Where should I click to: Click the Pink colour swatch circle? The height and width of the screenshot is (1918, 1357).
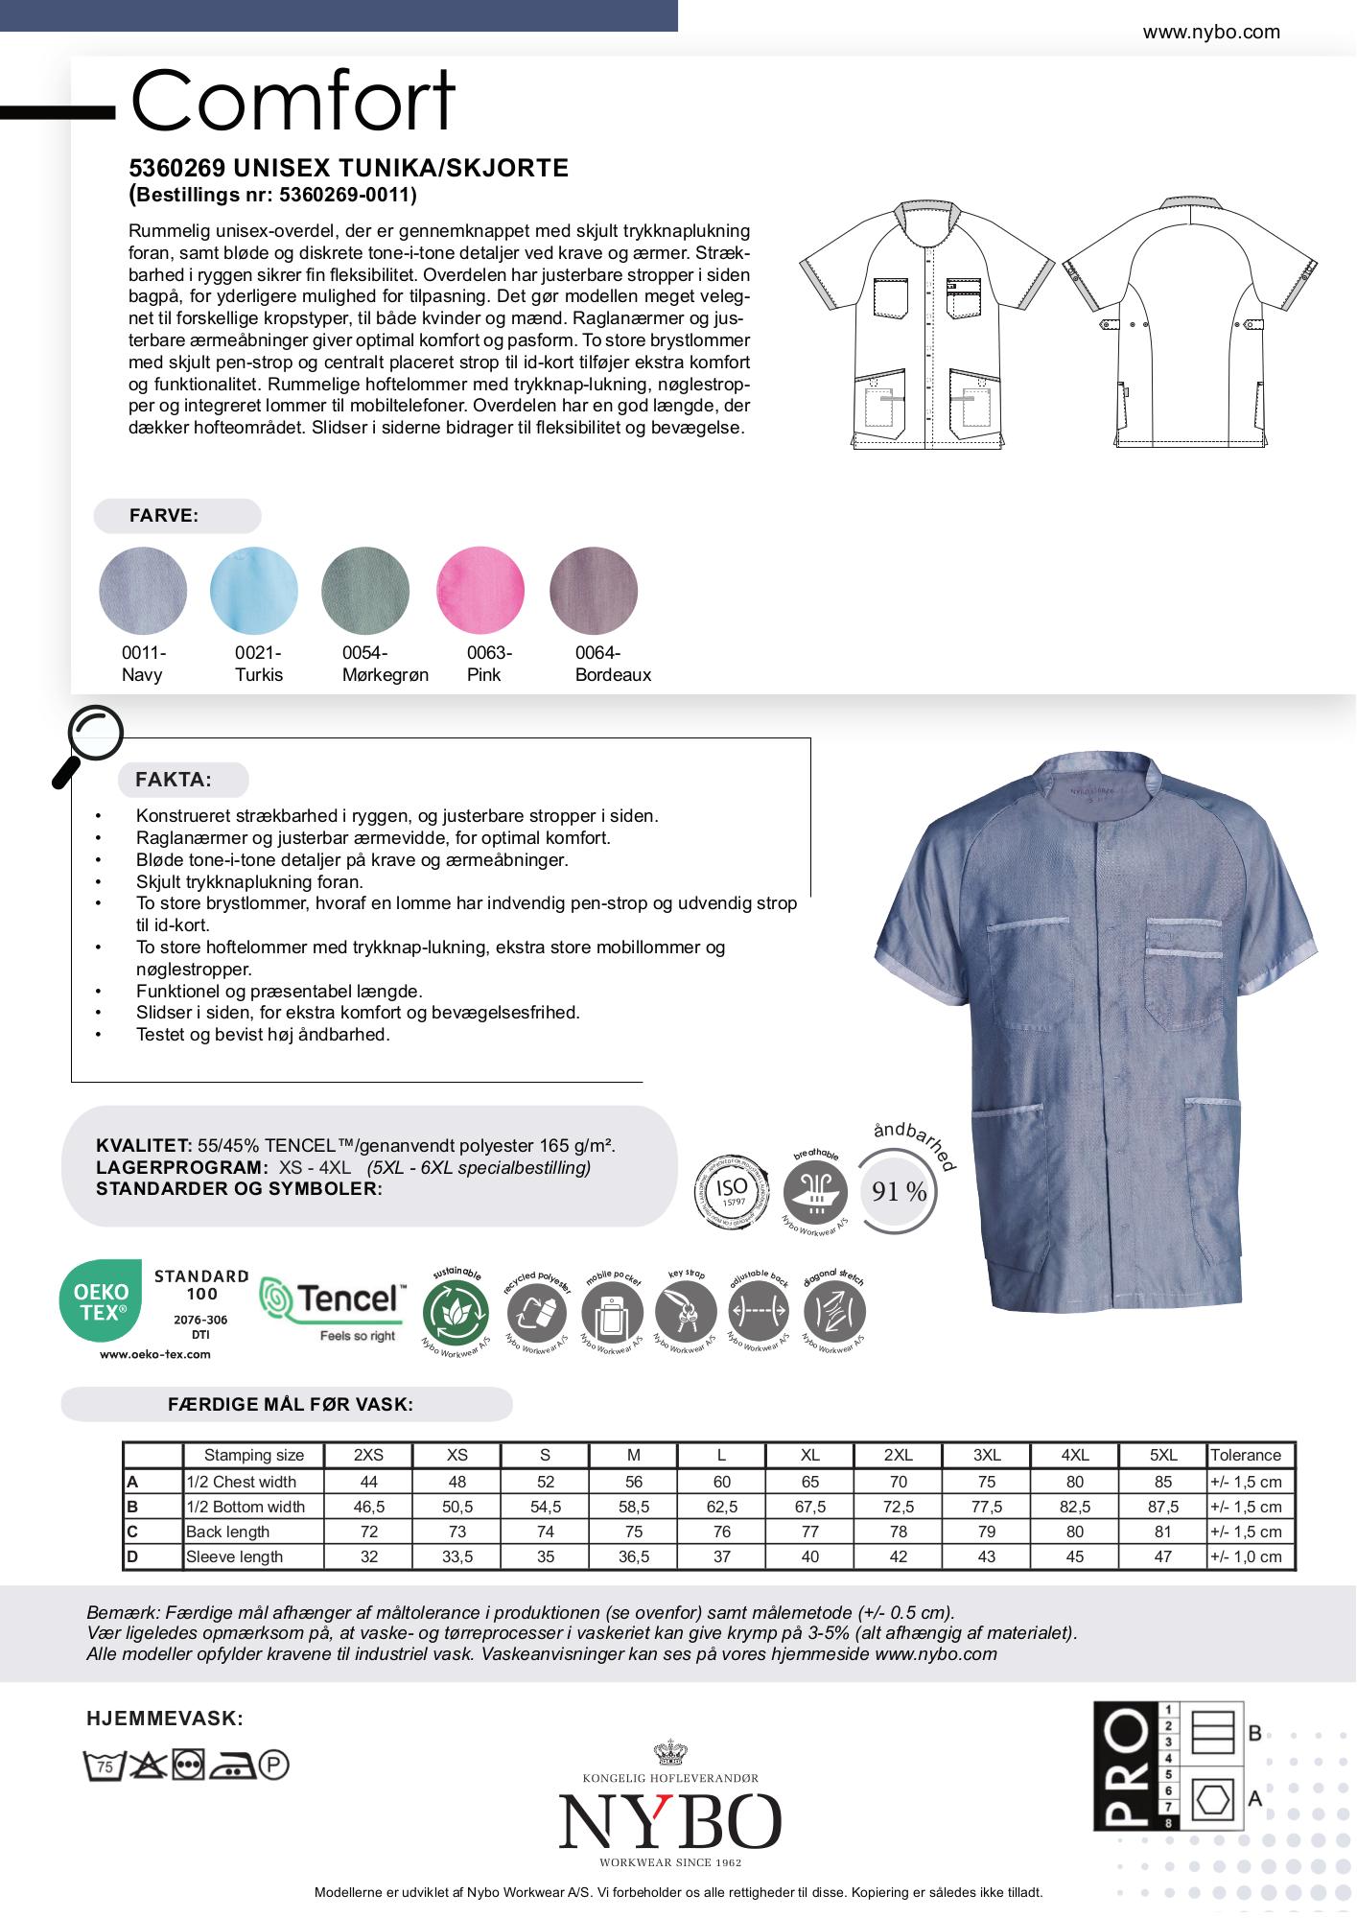[480, 590]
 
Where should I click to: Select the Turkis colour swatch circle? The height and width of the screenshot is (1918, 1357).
[254, 590]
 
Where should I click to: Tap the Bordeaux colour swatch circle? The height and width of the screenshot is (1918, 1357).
[594, 590]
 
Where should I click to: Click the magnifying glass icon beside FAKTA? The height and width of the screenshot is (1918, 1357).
[90, 742]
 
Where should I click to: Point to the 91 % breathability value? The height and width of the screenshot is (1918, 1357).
[899, 1192]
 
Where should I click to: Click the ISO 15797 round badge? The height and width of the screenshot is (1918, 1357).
[732, 1193]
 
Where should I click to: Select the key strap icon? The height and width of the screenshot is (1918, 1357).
[686, 1311]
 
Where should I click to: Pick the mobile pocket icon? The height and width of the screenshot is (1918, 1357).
[611, 1312]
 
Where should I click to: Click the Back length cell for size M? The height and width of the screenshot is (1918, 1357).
[634, 1532]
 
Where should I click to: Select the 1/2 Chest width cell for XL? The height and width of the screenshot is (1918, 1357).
[810, 1482]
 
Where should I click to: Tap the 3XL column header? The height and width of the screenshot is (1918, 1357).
[987, 1455]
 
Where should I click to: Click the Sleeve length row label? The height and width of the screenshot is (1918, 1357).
[234, 1556]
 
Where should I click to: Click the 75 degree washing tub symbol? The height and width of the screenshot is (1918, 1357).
[104, 1766]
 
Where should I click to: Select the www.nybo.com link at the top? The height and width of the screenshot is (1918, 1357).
[1211, 32]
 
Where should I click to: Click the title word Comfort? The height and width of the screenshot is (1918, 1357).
[292, 101]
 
